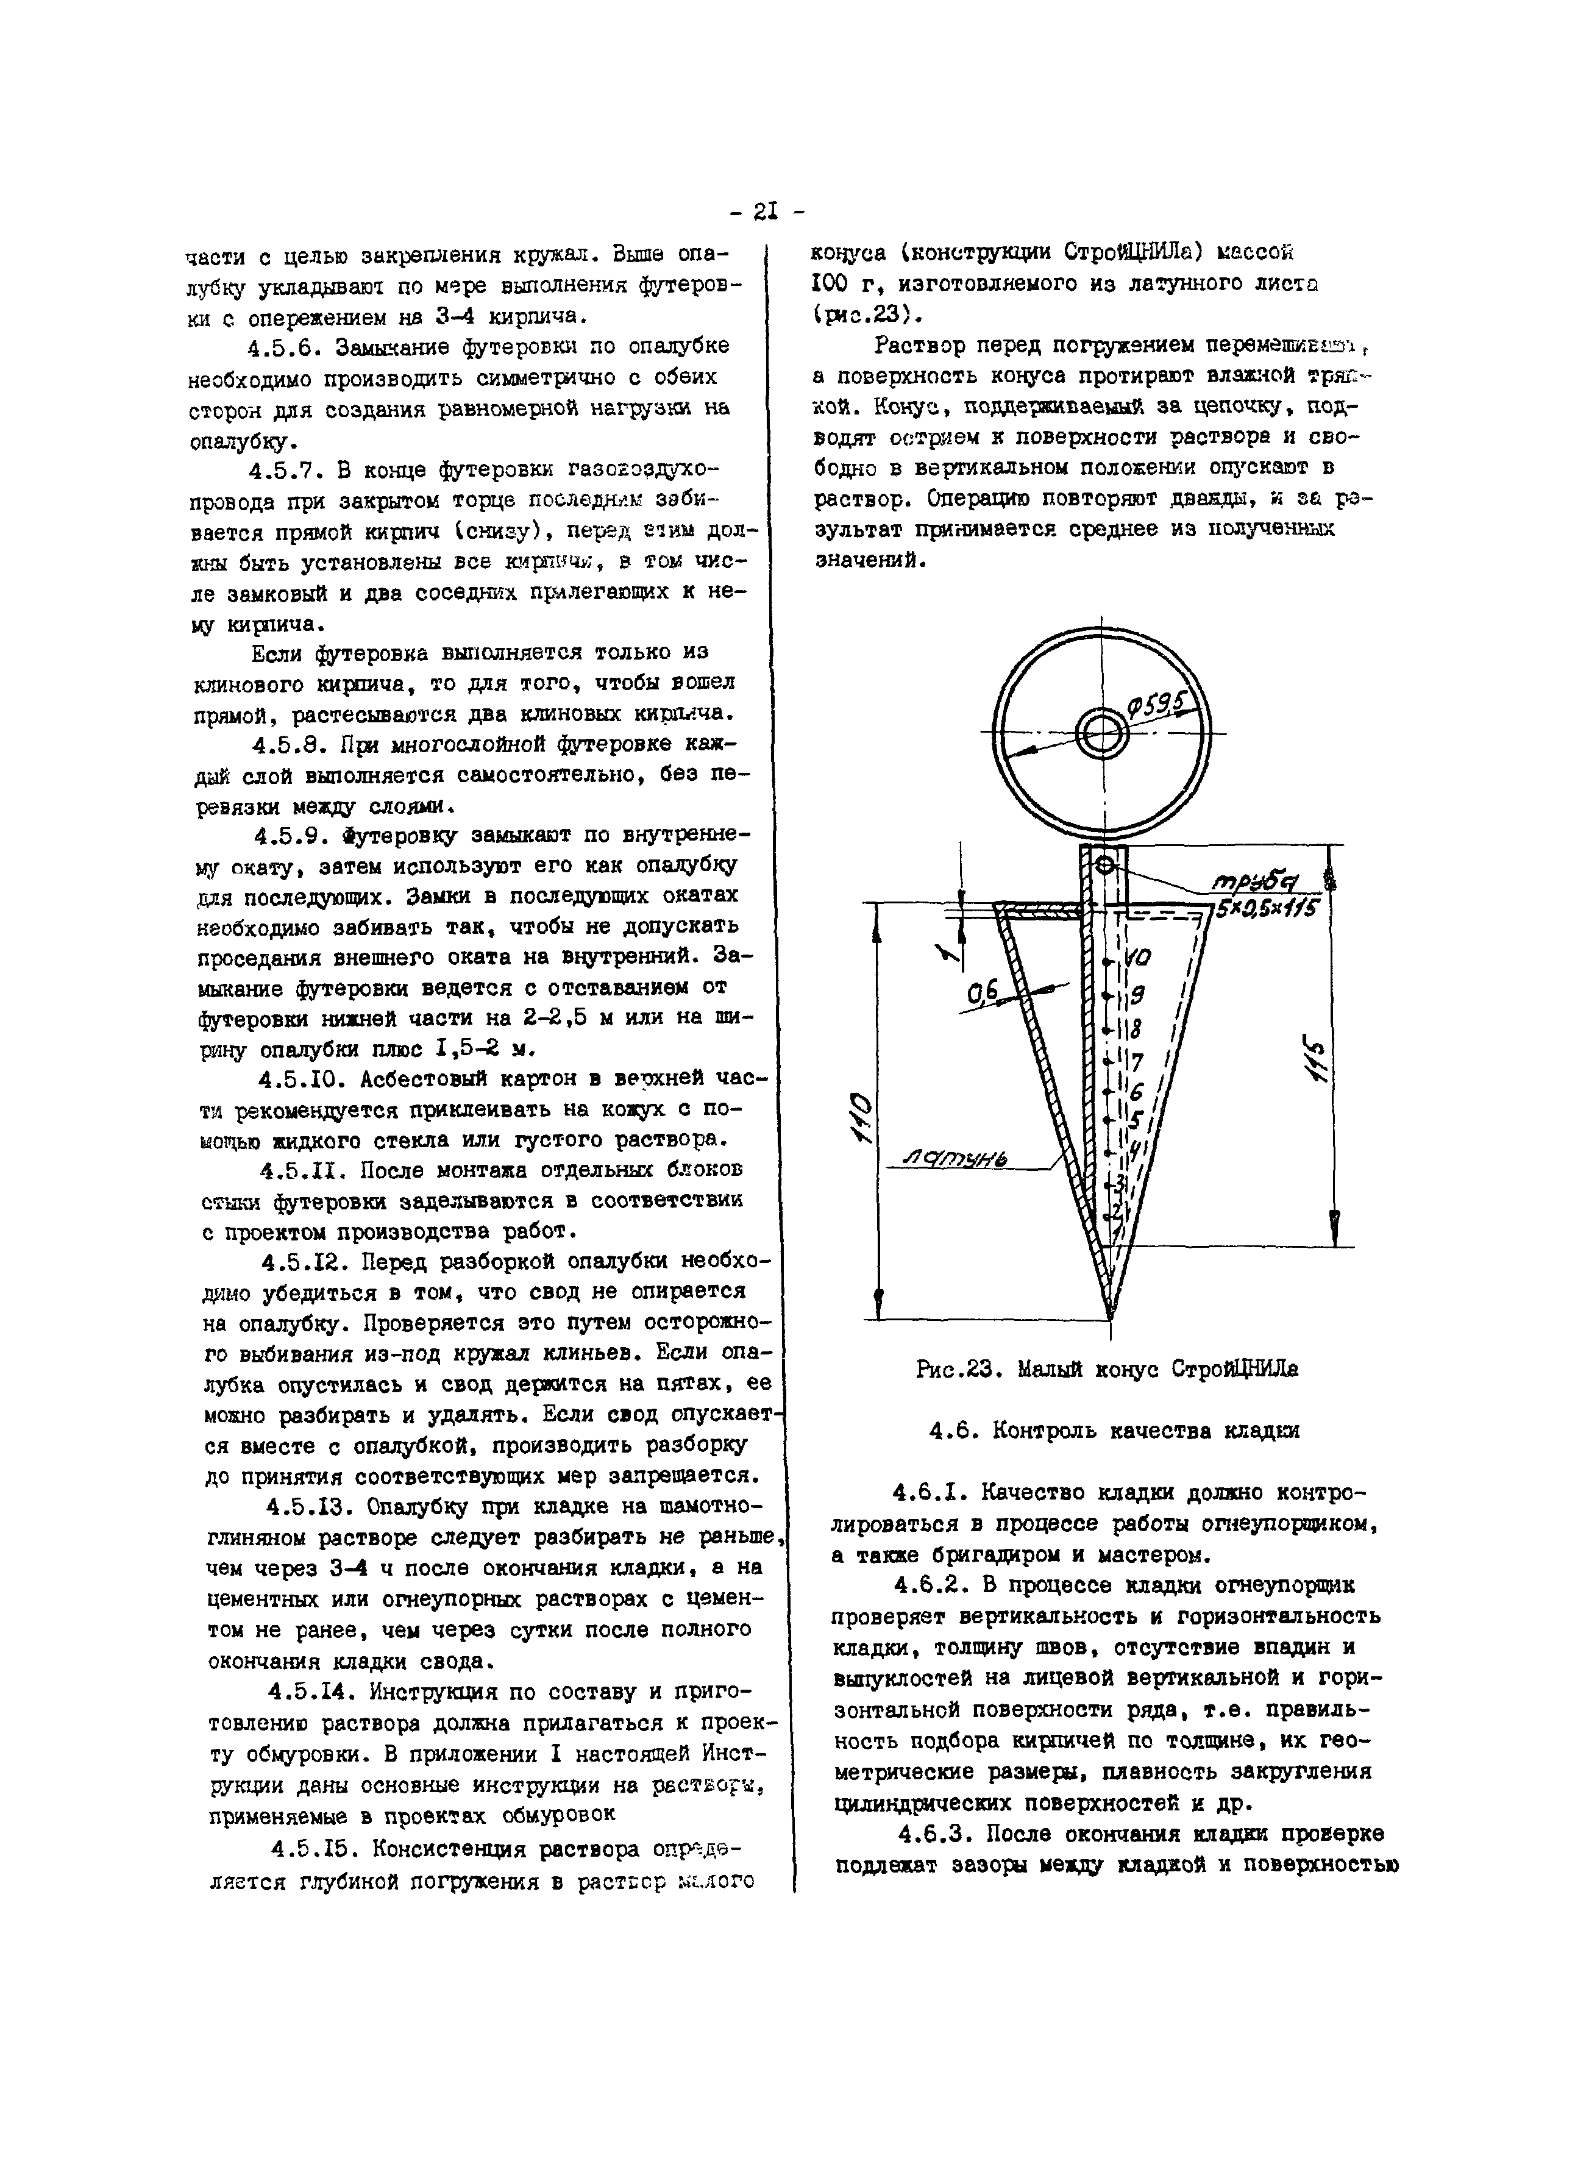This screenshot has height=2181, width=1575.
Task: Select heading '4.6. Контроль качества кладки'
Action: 1114,1431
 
